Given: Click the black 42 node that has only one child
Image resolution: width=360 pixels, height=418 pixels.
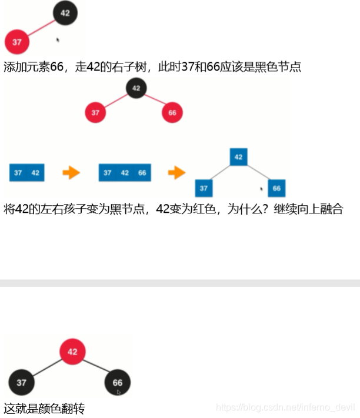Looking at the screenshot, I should (x=65, y=13).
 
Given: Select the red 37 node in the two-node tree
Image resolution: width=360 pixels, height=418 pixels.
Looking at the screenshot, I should (x=17, y=42).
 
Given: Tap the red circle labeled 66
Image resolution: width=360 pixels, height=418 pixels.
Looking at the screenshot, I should (x=172, y=112).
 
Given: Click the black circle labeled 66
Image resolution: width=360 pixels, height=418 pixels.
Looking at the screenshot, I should (x=118, y=383).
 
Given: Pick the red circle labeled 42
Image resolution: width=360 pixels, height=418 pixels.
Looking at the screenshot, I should (x=72, y=352).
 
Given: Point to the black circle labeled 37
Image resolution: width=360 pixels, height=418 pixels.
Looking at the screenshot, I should (x=21, y=383).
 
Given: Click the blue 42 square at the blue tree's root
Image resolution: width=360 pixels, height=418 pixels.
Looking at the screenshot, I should (x=238, y=157).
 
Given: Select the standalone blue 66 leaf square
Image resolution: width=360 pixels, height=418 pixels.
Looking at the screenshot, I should (x=276, y=188).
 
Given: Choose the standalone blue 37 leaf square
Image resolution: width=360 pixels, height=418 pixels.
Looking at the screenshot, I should (x=204, y=188).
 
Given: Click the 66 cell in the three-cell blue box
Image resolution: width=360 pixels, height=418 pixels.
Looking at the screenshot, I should (x=142, y=173).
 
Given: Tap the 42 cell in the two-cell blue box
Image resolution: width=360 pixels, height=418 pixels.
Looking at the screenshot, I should (x=35, y=173).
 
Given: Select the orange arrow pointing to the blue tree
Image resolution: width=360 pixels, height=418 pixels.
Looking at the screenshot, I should (x=176, y=173).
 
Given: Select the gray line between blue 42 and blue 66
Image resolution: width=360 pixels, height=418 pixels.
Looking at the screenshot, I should (x=259, y=173).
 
